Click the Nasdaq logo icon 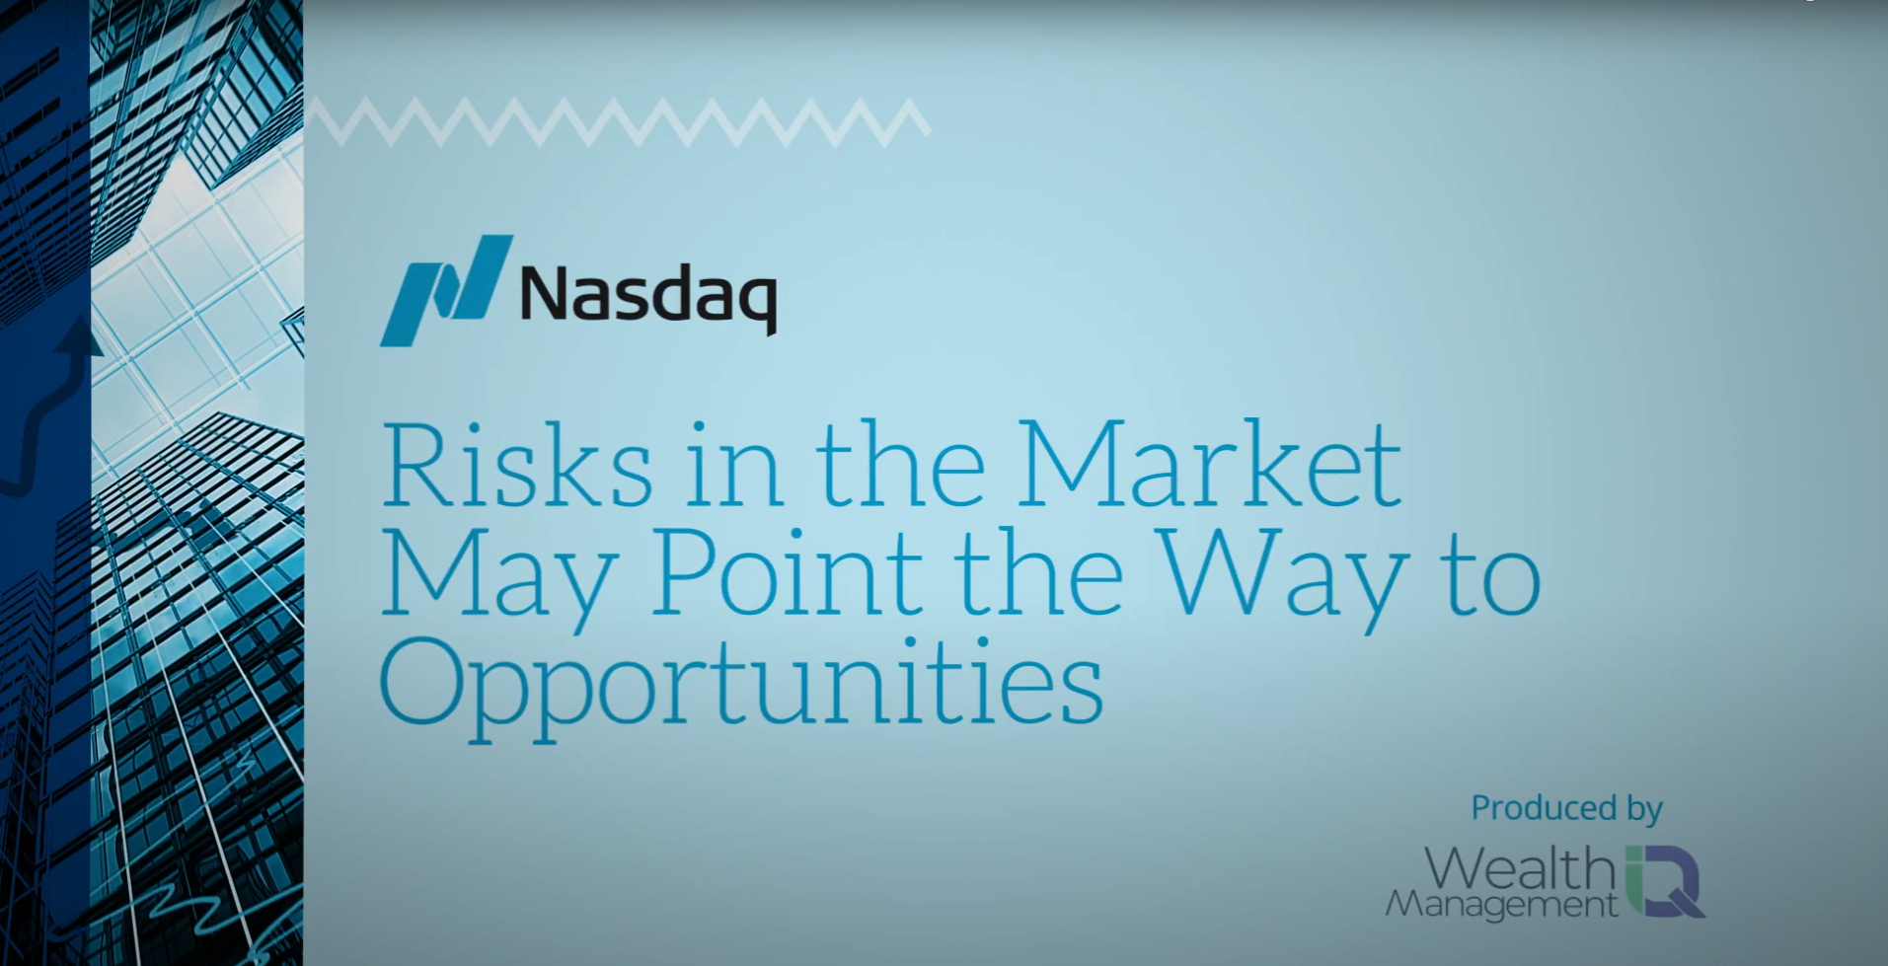pos(446,291)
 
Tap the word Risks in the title pos(517,465)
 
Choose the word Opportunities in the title pos(741,687)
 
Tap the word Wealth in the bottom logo pos(1520,869)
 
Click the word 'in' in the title pos(732,465)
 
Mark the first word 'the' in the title pos(900,465)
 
